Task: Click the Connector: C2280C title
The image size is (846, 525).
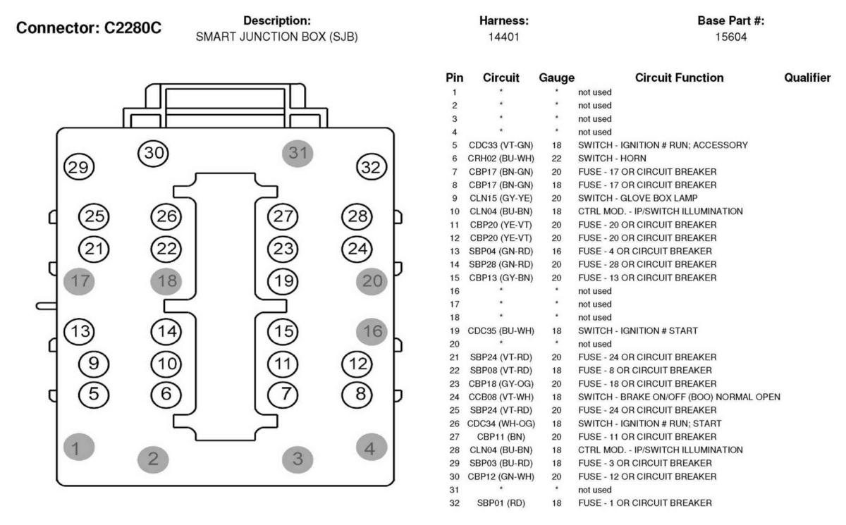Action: tap(89, 27)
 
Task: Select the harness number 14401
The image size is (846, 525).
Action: tap(504, 37)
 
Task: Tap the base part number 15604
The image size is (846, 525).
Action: tap(731, 37)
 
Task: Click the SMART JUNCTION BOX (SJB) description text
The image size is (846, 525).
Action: tap(276, 37)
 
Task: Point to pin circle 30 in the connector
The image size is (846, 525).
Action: tap(154, 153)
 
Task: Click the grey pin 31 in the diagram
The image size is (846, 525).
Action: tap(298, 153)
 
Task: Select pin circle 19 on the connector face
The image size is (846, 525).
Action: tap(283, 281)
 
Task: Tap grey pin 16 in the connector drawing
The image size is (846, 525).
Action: tap(372, 332)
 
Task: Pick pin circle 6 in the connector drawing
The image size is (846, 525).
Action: tap(166, 395)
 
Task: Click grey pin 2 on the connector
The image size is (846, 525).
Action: tap(153, 459)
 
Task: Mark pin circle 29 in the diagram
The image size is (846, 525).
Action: tap(79, 167)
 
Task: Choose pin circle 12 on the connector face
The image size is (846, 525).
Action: tap(357, 364)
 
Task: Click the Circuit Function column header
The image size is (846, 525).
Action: tap(679, 78)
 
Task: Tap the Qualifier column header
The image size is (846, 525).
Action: tap(807, 78)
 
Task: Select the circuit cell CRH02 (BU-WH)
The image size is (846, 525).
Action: tap(501, 159)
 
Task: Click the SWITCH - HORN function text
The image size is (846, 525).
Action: tap(612, 159)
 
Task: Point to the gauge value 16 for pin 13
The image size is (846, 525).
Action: tap(556, 252)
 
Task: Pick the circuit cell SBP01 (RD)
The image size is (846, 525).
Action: tap(501, 503)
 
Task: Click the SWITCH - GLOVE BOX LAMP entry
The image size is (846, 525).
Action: tap(637, 198)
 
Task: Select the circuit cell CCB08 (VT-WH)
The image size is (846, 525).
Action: tap(501, 397)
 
